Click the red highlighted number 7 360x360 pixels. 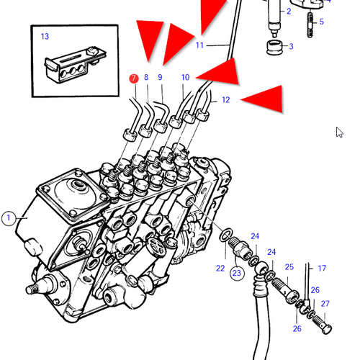tap(134, 78)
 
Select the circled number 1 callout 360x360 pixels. tap(9, 218)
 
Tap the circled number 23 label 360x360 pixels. tap(237, 273)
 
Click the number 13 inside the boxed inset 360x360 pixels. tap(45, 36)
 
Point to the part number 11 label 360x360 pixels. tap(199, 45)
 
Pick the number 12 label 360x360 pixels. tap(226, 100)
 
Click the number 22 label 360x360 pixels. tap(220, 268)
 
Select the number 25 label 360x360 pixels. tap(289, 267)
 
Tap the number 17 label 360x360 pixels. tap(322, 268)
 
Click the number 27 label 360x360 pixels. tap(325, 304)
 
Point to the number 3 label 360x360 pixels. tap(291, 46)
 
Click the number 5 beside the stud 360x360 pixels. tap(322, 22)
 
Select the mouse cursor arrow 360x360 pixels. tap(339, 132)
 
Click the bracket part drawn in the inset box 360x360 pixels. tap(75, 65)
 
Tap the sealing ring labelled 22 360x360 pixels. tap(226, 235)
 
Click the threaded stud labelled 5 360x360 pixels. tap(310, 24)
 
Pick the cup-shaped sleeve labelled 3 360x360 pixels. tap(275, 48)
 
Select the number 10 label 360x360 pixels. tap(185, 77)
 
